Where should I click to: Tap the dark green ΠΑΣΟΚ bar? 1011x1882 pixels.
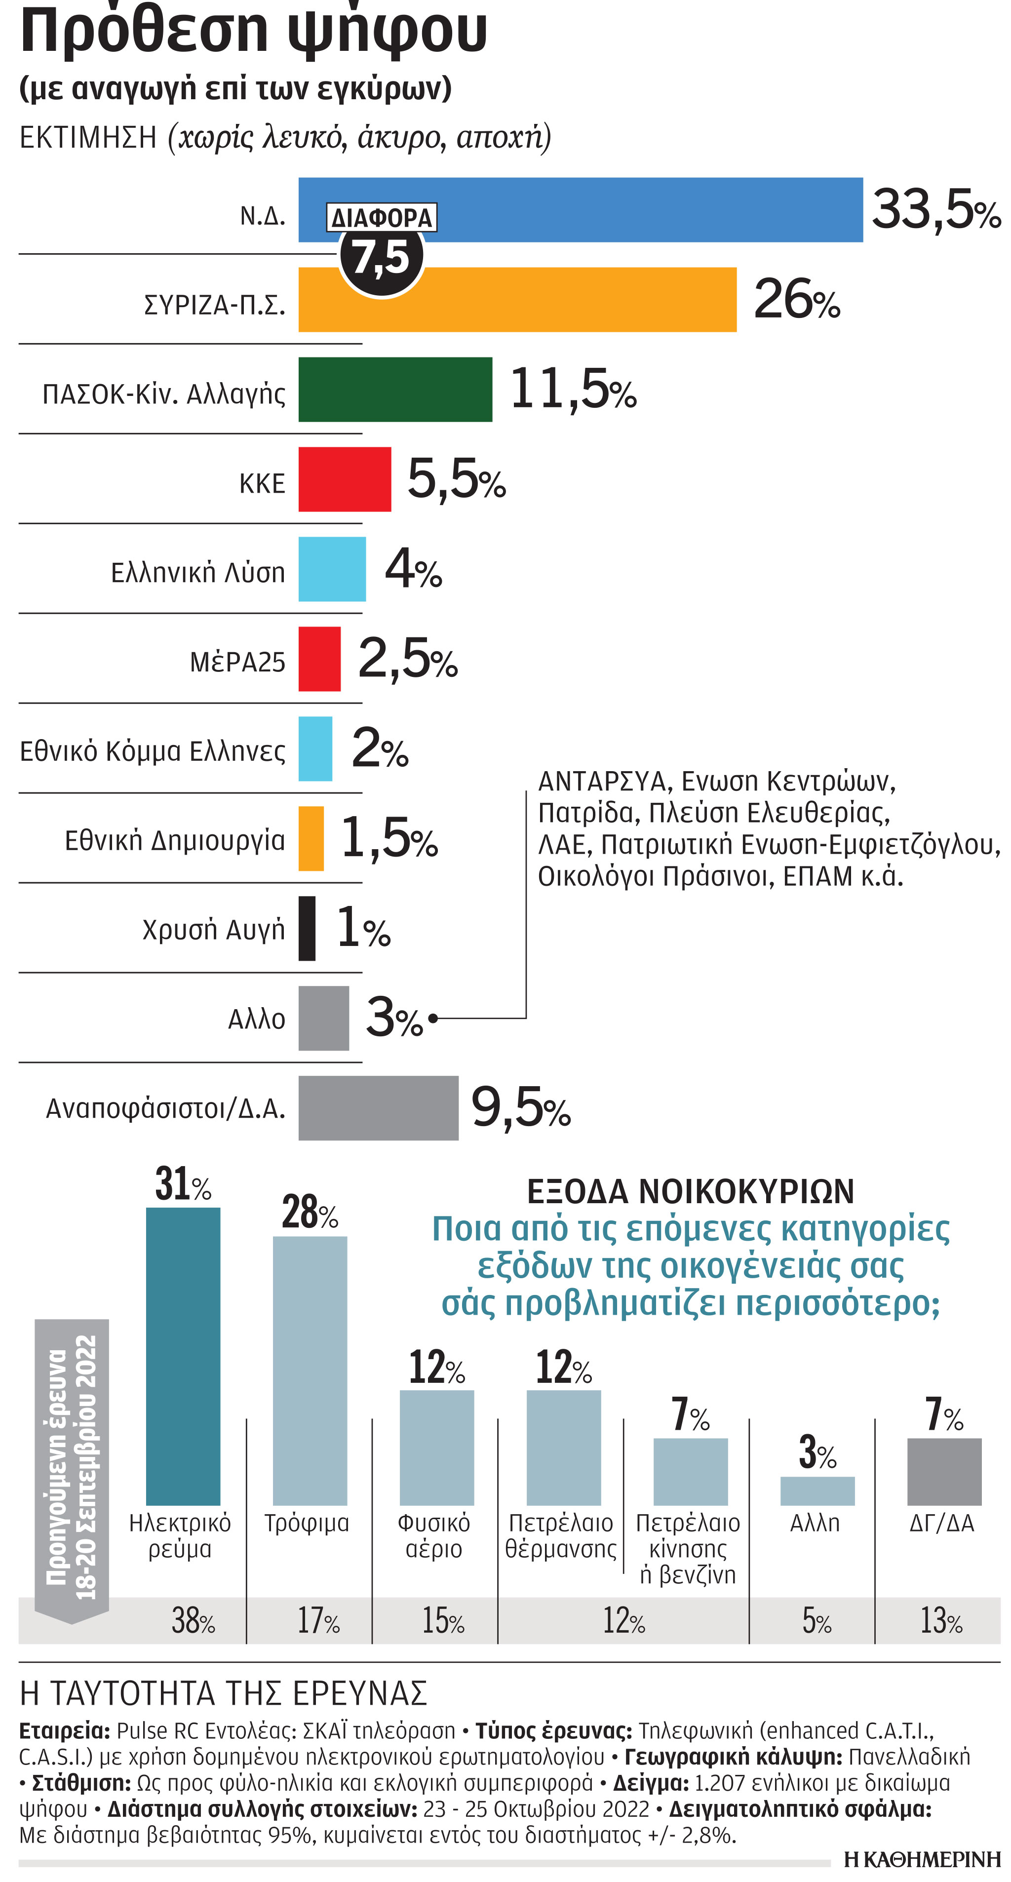click(x=394, y=390)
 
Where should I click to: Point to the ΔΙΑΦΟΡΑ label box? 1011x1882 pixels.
click(x=381, y=218)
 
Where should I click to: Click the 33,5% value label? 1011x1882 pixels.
click(x=936, y=210)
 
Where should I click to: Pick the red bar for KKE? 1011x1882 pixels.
click(x=344, y=479)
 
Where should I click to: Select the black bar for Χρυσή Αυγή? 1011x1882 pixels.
click(x=307, y=928)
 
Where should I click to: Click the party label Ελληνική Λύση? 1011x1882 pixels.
click(x=198, y=572)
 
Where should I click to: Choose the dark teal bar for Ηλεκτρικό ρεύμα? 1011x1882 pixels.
click(x=183, y=1355)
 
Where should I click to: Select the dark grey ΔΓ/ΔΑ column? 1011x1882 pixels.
click(x=944, y=1471)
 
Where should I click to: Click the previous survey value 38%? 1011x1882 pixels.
click(x=193, y=1620)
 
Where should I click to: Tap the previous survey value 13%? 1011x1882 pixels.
click(x=941, y=1620)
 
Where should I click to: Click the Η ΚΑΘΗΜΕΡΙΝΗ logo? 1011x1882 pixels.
click(x=922, y=1859)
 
